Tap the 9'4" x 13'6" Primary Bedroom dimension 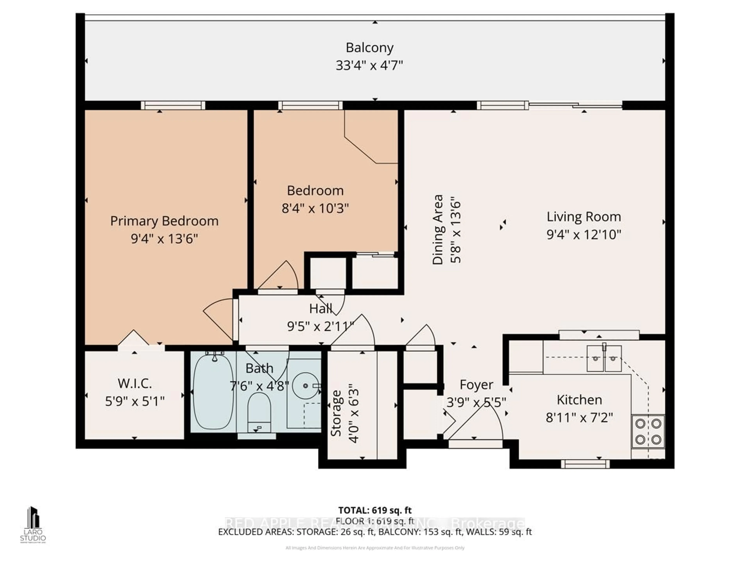[x=164, y=239]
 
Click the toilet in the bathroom [x=259, y=412]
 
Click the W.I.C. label [x=135, y=384]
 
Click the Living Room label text [x=584, y=217]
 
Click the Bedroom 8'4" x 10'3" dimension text [x=315, y=208]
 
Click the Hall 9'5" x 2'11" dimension [x=320, y=326]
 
